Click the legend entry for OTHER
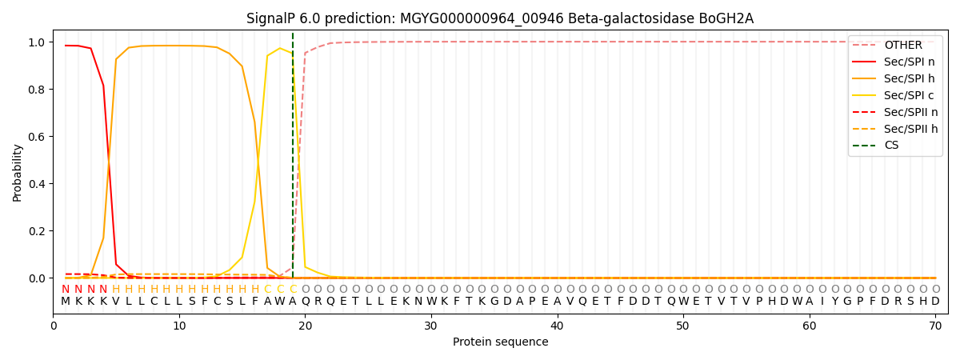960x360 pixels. (895, 45)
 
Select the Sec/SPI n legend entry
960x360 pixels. (895, 62)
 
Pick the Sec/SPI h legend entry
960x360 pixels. (895, 78)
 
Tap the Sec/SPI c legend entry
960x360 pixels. (895, 95)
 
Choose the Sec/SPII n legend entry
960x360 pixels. (895, 112)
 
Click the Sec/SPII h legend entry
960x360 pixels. (895, 129)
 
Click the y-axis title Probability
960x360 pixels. (17, 173)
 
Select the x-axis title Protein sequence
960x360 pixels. (501, 342)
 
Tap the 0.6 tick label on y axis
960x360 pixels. (38, 137)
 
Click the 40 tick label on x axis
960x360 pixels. (557, 326)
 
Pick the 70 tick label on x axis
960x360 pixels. (935, 326)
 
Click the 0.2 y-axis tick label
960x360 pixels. (38, 231)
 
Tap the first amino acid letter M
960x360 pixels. (66, 302)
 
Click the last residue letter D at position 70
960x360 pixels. (935, 302)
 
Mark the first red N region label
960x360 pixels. (66, 289)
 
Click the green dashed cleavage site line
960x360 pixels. (293, 155)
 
